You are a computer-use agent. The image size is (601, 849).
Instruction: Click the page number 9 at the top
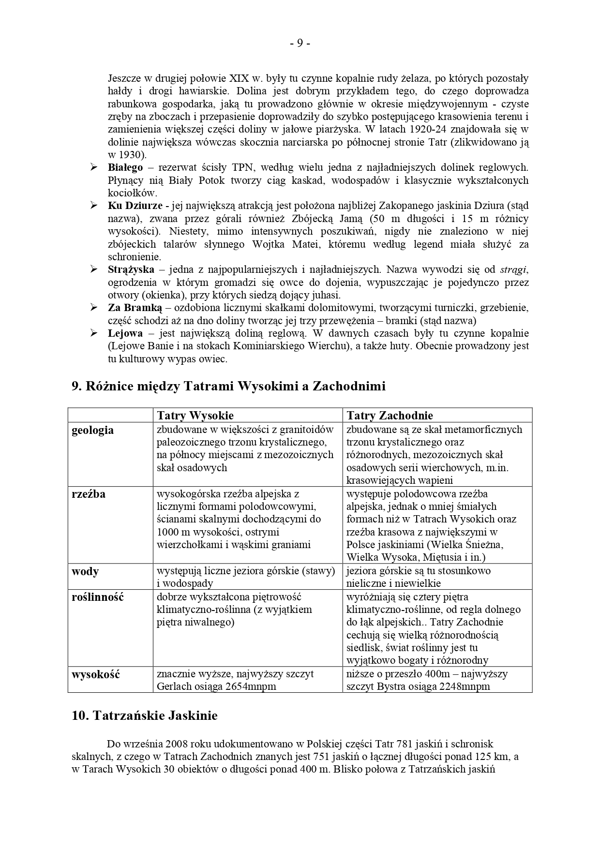coord(300,44)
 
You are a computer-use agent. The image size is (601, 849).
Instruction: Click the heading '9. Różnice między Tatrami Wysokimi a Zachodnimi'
coord(228,386)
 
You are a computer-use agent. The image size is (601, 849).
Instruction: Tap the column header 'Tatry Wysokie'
coord(195,416)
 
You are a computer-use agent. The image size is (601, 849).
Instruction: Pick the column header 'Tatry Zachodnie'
coord(390,416)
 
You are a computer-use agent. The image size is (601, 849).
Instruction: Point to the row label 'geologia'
coord(92,430)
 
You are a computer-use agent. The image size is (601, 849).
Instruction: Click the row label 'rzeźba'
coord(88,494)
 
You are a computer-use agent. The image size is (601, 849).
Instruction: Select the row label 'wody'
coord(85,571)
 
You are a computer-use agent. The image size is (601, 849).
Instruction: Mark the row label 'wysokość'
coord(95,674)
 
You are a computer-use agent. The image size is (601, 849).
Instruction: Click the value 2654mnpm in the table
coord(251,686)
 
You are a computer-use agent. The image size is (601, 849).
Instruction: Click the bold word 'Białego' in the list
coord(125,167)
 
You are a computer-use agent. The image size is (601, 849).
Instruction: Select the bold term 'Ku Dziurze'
coord(135,206)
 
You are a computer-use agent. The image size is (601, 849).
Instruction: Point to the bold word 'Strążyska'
coord(131,269)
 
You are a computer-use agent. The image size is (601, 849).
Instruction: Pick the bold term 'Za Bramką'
coord(134,308)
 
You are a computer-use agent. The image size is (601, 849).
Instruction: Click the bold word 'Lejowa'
coord(125,333)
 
